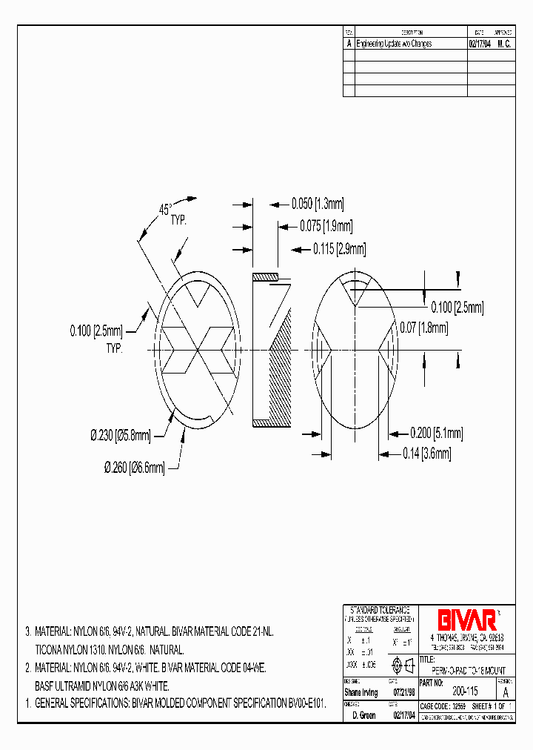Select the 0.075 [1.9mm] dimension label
326,226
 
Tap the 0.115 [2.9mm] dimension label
337,250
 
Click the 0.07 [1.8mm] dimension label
424,327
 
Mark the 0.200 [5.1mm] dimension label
437,433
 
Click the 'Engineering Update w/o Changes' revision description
394,44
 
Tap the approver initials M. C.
503,44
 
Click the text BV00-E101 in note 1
305,702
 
